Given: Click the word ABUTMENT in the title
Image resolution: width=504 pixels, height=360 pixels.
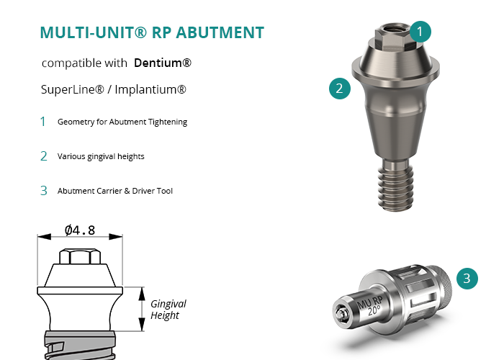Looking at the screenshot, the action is (x=220, y=32).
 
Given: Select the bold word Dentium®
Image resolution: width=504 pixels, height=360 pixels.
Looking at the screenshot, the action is (x=163, y=63).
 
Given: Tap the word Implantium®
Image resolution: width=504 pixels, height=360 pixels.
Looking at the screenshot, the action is (x=150, y=89).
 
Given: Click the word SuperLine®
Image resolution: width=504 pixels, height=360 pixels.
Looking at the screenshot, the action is (x=73, y=89).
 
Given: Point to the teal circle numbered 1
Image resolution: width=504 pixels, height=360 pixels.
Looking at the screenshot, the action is (x=420, y=32).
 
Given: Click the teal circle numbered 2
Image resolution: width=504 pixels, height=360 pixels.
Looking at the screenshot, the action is (x=340, y=89).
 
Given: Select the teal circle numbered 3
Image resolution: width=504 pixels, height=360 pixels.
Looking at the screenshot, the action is (x=467, y=279).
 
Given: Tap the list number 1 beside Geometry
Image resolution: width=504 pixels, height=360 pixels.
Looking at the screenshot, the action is (x=42, y=122).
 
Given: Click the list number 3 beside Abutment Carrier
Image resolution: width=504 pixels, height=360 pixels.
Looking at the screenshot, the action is (x=44, y=191).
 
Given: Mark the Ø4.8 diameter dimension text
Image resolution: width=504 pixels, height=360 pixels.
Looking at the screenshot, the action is (x=80, y=230).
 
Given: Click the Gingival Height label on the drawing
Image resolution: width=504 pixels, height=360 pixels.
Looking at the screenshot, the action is (x=168, y=310).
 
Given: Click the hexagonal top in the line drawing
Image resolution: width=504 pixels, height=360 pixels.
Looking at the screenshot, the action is (x=80, y=256).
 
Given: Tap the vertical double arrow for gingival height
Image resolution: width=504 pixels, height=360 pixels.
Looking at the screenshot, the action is (x=142, y=309).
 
